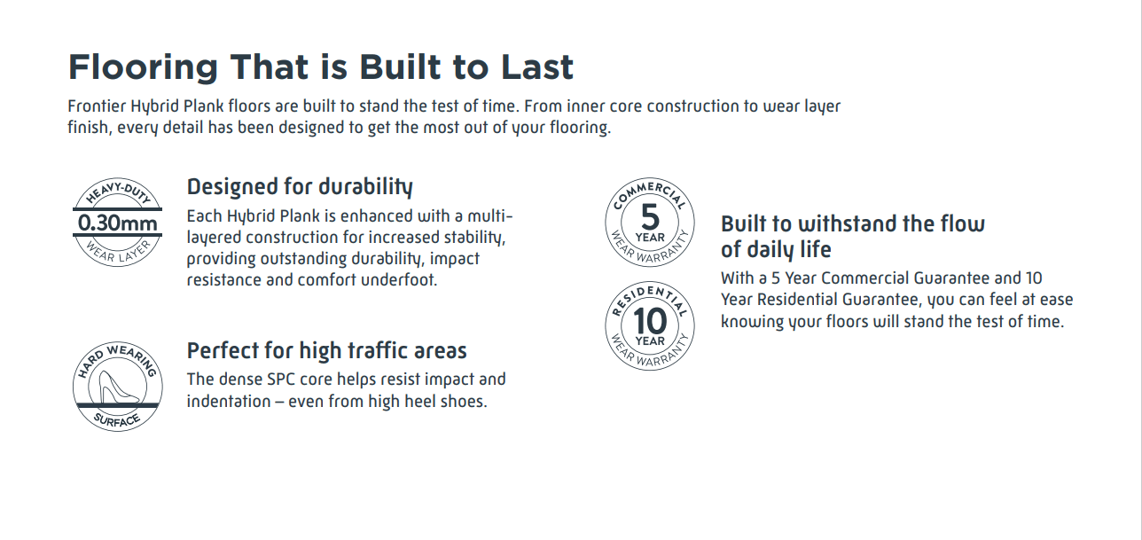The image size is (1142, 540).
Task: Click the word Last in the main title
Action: [537, 67]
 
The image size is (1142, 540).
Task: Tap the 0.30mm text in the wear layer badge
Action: [117, 223]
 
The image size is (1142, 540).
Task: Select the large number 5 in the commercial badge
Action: [650, 217]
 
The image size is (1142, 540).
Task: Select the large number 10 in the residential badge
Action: [650, 321]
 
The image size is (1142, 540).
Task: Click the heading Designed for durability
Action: [300, 187]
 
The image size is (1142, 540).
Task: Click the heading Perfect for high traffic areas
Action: [327, 351]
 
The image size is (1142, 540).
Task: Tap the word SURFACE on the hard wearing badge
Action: [117, 420]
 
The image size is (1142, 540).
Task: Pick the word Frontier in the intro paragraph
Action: [97, 106]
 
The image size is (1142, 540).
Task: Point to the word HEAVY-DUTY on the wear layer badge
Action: [118, 192]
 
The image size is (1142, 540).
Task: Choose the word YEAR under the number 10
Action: [650, 340]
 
